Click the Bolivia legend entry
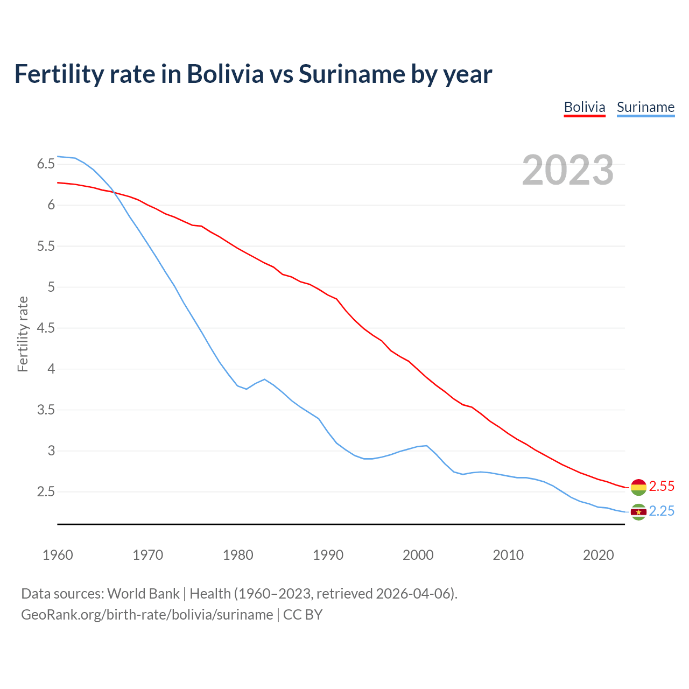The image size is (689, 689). pyautogui.click(x=585, y=107)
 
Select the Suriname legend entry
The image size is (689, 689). pyautogui.click(x=645, y=107)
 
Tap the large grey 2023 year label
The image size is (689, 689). pyautogui.click(x=568, y=170)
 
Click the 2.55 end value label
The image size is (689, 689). pyautogui.click(x=662, y=486)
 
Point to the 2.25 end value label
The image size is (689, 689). pyautogui.click(x=662, y=511)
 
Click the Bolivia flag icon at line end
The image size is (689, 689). pyautogui.click(x=638, y=487)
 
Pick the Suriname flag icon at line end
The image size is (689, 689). pyautogui.click(x=638, y=512)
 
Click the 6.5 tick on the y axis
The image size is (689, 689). pyautogui.click(x=46, y=164)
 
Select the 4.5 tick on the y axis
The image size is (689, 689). pyautogui.click(x=46, y=328)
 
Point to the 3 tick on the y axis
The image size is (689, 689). pyautogui.click(x=51, y=451)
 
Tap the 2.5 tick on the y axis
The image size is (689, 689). pyautogui.click(x=46, y=491)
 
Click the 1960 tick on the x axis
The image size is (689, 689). pyautogui.click(x=58, y=555)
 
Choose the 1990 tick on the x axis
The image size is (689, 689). pyautogui.click(x=328, y=555)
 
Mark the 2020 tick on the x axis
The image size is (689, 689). pyautogui.click(x=598, y=555)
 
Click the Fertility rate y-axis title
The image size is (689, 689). pyautogui.click(x=23, y=334)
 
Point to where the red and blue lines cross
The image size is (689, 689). pyautogui.click(x=114, y=192)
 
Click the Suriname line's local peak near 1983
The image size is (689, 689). pyautogui.click(x=264, y=379)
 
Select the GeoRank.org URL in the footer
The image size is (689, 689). pyautogui.click(x=147, y=614)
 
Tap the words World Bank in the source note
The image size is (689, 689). pyautogui.click(x=143, y=593)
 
